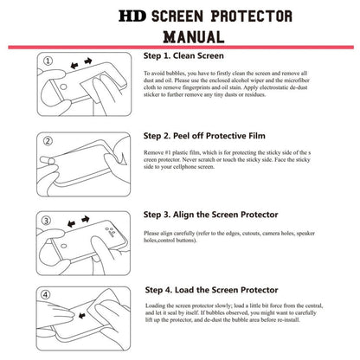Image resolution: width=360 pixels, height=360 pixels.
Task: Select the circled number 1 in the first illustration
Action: (x=51, y=61)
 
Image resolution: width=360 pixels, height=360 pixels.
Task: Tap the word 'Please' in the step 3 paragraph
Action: (x=155, y=233)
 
